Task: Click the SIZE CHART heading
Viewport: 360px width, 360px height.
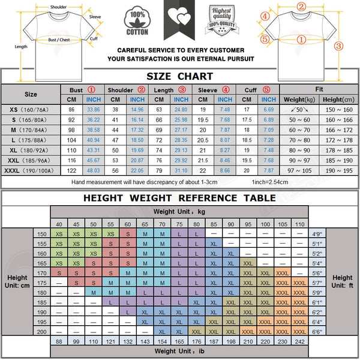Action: tap(180, 76)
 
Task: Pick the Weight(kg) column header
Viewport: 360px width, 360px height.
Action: tap(299, 99)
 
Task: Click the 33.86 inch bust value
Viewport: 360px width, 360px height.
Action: tap(94, 110)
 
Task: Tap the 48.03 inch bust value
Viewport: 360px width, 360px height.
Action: tap(94, 171)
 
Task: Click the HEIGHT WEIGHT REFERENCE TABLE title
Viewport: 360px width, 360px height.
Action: tap(180, 197)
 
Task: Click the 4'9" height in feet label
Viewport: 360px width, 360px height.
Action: tap(317, 233)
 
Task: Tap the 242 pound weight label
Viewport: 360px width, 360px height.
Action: tap(300, 341)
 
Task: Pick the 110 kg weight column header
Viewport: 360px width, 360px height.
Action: tap(300, 224)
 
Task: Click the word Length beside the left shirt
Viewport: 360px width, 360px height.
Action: tap(22, 46)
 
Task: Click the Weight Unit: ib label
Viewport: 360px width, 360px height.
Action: tap(180, 351)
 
